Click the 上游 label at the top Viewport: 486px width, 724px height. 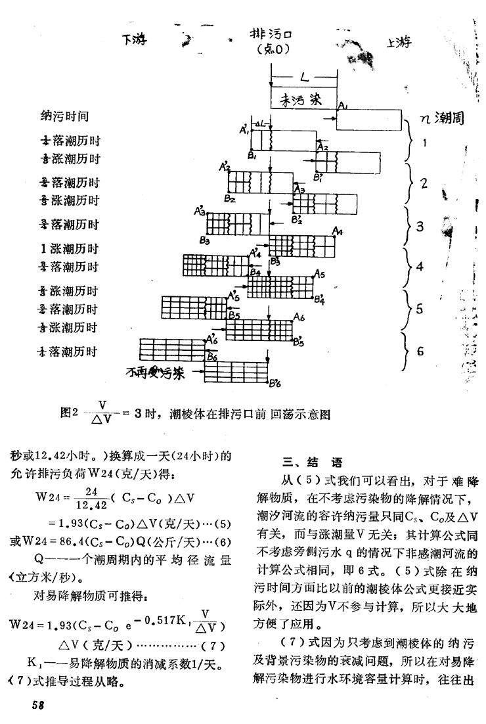coord(401,43)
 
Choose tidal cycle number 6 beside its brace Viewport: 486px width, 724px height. coord(420,350)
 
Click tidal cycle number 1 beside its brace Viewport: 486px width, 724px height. coord(425,142)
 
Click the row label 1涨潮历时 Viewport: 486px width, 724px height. coord(68,249)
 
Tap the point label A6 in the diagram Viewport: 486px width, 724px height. coord(299,317)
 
